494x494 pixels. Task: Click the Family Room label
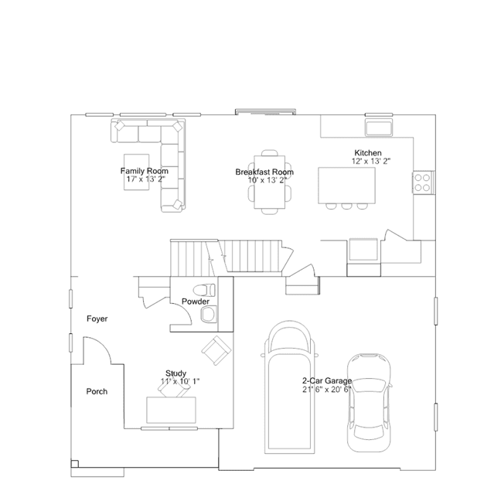(x=145, y=171)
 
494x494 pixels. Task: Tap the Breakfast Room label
(x=264, y=172)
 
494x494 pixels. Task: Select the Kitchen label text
(x=368, y=153)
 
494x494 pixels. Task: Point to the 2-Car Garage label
(x=327, y=381)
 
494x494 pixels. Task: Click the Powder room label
(x=196, y=302)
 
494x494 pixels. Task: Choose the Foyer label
(x=97, y=319)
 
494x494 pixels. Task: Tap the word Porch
(x=97, y=392)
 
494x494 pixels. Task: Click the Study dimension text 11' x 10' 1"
(x=180, y=382)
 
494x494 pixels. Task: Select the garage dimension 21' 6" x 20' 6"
(x=327, y=390)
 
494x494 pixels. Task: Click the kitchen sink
(x=379, y=128)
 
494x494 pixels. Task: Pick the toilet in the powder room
(x=204, y=290)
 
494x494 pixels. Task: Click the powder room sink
(x=208, y=315)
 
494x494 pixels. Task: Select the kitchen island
(x=346, y=186)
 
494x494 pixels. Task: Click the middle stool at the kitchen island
(x=346, y=206)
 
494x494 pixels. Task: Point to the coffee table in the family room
(x=136, y=172)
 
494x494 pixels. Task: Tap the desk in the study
(x=171, y=410)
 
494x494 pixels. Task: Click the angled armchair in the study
(x=216, y=350)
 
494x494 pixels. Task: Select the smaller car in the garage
(x=369, y=403)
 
